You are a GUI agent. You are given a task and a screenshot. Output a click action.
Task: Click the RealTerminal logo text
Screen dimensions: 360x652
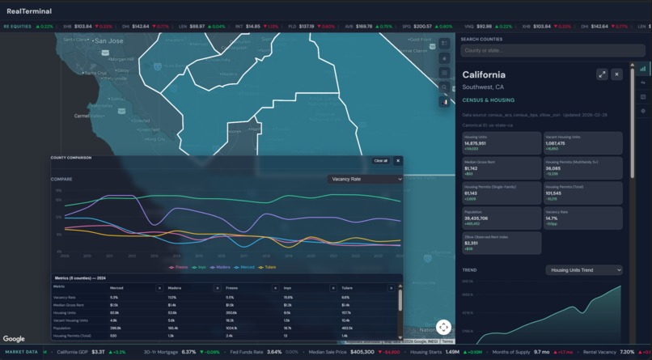click(x=29, y=11)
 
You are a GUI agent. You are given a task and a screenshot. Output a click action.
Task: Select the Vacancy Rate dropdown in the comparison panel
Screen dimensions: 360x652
click(x=365, y=179)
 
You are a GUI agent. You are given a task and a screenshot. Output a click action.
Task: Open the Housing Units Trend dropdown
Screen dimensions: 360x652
click(x=583, y=269)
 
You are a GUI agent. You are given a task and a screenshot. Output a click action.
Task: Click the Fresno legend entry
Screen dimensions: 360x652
click(x=178, y=267)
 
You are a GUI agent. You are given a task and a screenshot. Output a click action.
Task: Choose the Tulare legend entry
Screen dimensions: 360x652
click(x=268, y=267)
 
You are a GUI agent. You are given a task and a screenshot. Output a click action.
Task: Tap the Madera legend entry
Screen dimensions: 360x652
click(x=221, y=267)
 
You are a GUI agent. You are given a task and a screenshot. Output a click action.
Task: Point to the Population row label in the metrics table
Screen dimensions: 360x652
click(x=62, y=328)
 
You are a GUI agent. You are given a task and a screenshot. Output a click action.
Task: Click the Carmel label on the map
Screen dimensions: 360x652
click(x=83, y=116)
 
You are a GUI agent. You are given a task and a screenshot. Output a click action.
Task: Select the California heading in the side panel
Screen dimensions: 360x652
click(x=484, y=75)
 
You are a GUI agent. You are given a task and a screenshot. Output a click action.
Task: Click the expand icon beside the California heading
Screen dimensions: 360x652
click(x=602, y=74)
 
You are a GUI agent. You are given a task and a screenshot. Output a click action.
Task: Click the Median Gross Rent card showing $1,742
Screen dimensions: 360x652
click(x=502, y=167)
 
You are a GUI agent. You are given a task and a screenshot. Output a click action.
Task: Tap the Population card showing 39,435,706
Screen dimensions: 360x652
click(x=502, y=218)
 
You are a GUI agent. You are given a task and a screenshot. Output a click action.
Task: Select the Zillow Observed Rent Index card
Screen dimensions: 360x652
click(x=502, y=243)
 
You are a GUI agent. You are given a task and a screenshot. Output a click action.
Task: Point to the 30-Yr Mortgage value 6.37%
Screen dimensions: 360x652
click(x=188, y=352)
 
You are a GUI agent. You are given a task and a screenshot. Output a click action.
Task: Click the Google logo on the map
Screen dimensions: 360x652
click(x=14, y=339)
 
